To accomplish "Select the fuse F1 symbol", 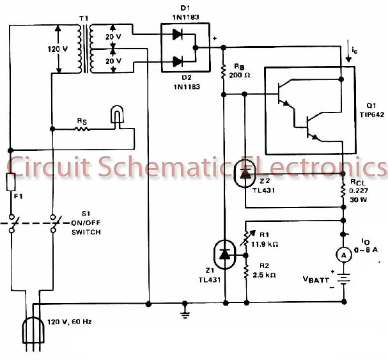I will (x=11, y=183).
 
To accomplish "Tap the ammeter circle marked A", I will (x=344, y=254).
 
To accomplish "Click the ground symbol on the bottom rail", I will (x=185, y=312).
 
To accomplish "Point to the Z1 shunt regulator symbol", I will (x=224, y=254).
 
